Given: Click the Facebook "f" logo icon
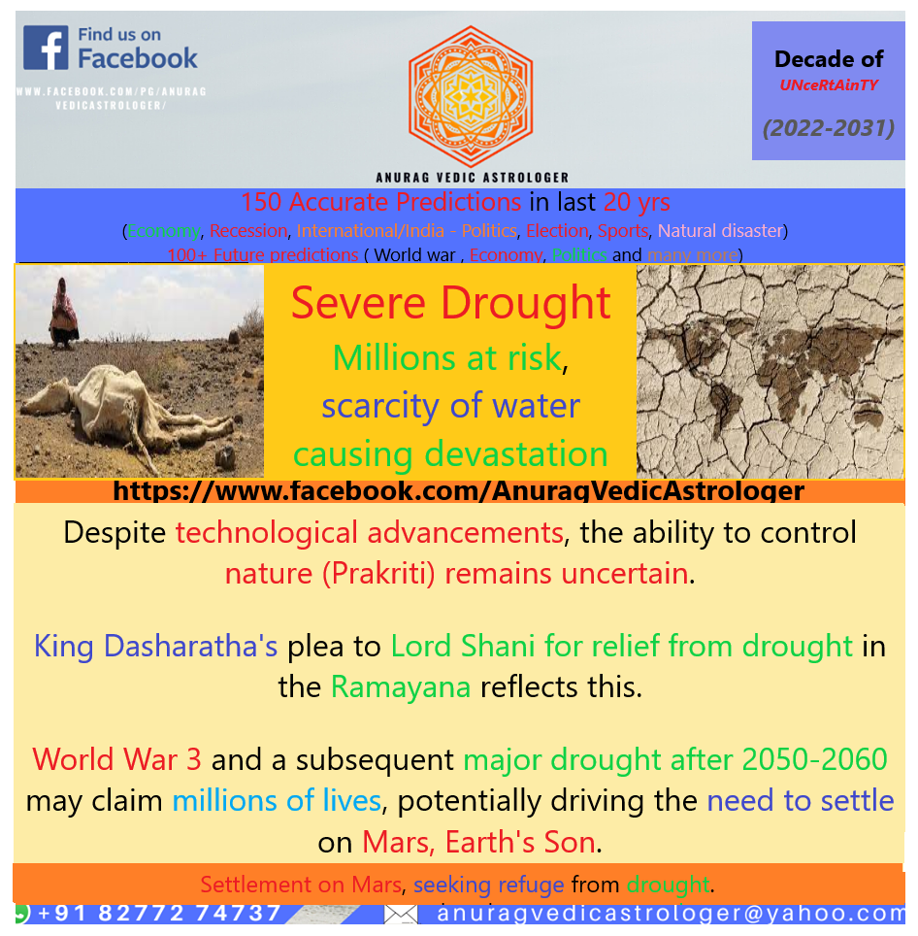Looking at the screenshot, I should [x=46, y=48].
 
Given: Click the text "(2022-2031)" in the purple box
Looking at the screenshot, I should [x=828, y=128].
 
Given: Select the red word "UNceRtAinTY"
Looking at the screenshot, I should [x=828, y=84].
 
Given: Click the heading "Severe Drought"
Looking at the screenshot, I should [x=450, y=303].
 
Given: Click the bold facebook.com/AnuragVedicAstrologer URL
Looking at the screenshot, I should [x=458, y=491].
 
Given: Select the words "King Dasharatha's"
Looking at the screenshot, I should [x=156, y=646].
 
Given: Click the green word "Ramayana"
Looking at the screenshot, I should [x=401, y=687].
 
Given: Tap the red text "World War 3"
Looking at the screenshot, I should [x=117, y=758].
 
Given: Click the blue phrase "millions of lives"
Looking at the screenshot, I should [x=277, y=801].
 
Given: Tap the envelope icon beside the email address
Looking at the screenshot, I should [x=401, y=913].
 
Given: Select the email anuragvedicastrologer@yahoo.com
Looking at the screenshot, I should [x=670, y=913].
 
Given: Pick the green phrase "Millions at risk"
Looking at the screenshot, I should [x=446, y=358].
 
